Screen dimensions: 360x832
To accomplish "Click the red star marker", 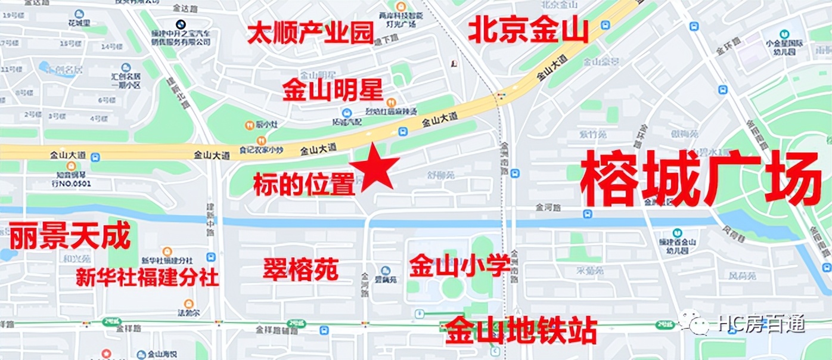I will tap(374, 167).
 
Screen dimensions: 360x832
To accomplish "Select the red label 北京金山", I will tap(528, 30).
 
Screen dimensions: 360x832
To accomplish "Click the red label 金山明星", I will tap(333, 90).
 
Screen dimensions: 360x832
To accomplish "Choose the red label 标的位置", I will tap(304, 184).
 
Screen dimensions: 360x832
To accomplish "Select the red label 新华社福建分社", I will tap(147, 277).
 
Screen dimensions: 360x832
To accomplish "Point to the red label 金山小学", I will tap(460, 265).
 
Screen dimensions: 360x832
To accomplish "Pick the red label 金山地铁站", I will tap(521, 330).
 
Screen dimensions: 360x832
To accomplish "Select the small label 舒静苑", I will tap(441, 175).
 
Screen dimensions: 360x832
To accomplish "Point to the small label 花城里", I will tap(79, 23).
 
